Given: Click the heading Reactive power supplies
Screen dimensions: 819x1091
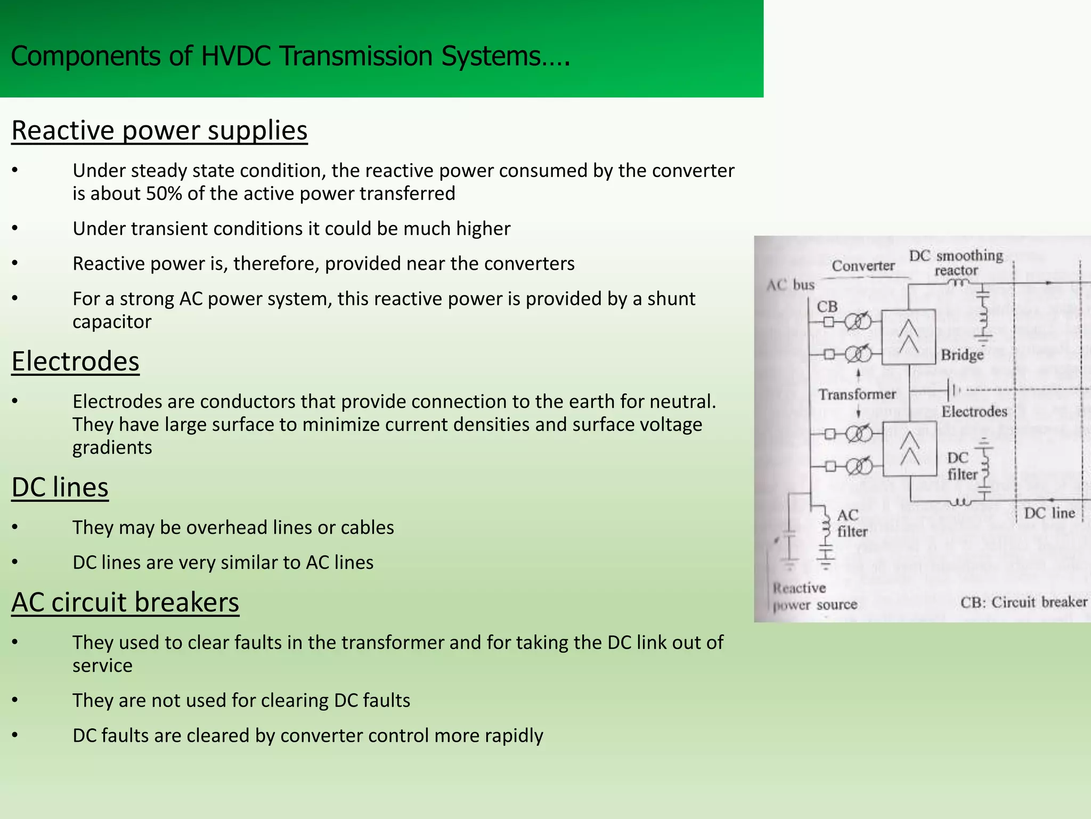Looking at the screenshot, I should pyautogui.click(x=159, y=131).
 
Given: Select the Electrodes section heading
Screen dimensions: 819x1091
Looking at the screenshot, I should pyautogui.click(x=75, y=362).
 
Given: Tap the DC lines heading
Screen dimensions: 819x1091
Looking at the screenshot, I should pyautogui.click(x=60, y=487).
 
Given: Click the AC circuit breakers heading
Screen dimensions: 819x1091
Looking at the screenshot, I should pyautogui.click(x=125, y=603).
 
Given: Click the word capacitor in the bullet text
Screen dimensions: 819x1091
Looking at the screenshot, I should pyautogui.click(x=112, y=322).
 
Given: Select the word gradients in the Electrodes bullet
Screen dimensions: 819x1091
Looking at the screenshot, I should pyautogui.click(x=112, y=448).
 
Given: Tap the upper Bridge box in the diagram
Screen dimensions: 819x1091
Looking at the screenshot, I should pyautogui.click(x=908, y=337).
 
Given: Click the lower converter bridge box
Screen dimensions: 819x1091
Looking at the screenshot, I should pyautogui.click(x=909, y=448).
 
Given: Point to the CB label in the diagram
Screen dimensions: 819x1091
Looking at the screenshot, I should pyautogui.click(x=827, y=307).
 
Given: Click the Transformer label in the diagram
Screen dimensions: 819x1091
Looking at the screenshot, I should pyautogui.click(x=857, y=395).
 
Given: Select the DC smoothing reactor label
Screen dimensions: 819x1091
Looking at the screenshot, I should pyautogui.click(x=956, y=262).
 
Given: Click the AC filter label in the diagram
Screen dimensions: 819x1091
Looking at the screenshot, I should pyautogui.click(x=852, y=523).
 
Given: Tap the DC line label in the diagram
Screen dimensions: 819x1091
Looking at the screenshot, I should pyautogui.click(x=1049, y=513).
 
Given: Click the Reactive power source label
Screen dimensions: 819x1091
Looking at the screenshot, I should pyautogui.click(x=815, y=596).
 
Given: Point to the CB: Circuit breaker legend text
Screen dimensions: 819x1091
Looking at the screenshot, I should pyautogui.click(x=1023, y=602).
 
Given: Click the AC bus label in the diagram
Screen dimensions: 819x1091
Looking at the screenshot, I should pyautogui.click(x=791, y=285).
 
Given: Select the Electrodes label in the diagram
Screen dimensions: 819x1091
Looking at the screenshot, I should pyautogui.click(x=974, y=412).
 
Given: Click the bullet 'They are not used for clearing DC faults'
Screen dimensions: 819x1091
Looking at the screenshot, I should pyautogui.click(x=241, y=701).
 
